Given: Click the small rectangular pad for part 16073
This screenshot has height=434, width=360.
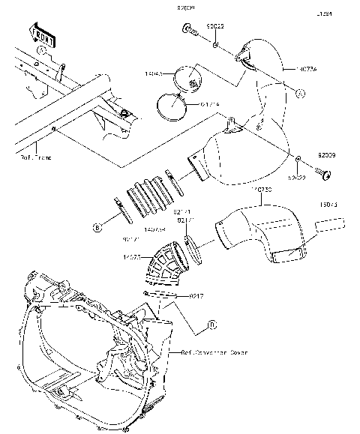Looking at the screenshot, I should [328, 223].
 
